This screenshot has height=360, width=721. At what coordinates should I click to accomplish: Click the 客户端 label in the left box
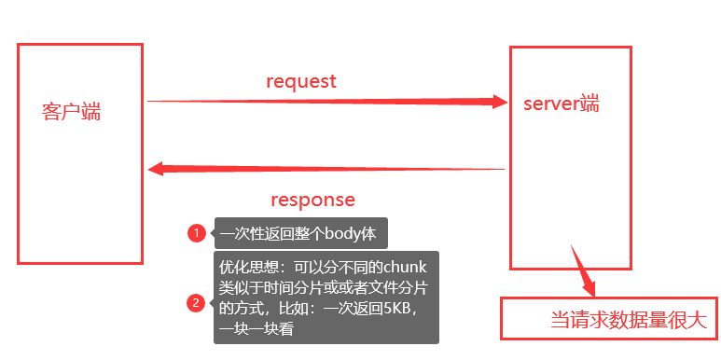(x=72, y=113)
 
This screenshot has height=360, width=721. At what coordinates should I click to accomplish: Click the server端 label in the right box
(x=562, y=104)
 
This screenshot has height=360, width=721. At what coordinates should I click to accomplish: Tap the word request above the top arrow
(x=300, y=81)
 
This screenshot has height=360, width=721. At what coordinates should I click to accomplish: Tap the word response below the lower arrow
(x=312, y=200)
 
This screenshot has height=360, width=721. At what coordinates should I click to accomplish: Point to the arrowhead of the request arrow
(x=499, y=102)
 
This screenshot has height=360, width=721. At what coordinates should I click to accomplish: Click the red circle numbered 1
(x=196, y=233)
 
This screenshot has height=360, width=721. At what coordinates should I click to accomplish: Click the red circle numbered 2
(x=196, y=302)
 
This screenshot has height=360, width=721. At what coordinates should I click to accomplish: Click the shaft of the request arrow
(x=317, y=102)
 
